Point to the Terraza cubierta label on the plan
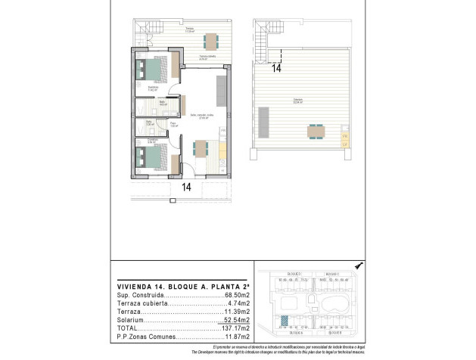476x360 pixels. click(x=209, y=57)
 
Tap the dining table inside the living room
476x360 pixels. click(x=201, y=147)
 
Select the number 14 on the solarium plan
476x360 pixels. click(x=276, y=68)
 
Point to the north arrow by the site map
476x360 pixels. click(x=358, y=265)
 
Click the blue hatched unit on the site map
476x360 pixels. click(x=285, y=320)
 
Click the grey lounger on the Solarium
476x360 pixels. click(x=263, y=120)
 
